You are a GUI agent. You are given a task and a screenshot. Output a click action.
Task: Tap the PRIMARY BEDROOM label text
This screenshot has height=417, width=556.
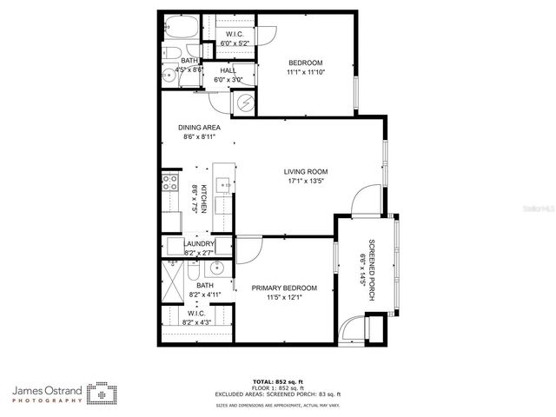tap(284, 288)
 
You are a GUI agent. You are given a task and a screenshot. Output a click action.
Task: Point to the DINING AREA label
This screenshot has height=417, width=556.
tap(200, 127)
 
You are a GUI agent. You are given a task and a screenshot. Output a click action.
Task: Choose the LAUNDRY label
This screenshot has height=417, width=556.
tap(199, 244)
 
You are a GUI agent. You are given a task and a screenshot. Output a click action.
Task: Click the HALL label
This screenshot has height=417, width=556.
tap(228, 70)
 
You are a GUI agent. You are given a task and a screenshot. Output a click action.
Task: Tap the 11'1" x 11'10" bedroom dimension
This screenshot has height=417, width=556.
tap(305, 73)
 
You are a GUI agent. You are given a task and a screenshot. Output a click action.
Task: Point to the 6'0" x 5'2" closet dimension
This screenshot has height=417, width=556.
tap(235, 43)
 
